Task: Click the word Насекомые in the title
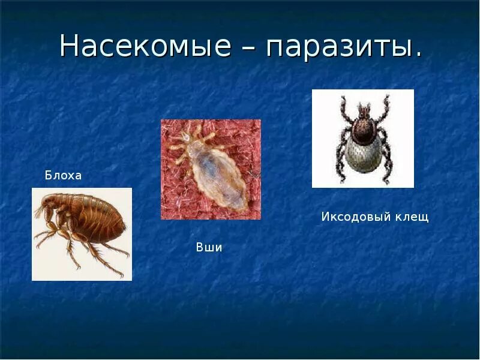145,47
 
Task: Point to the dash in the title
248,48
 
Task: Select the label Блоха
63,176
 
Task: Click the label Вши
209,247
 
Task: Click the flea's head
49,209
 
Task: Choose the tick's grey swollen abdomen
362,153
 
